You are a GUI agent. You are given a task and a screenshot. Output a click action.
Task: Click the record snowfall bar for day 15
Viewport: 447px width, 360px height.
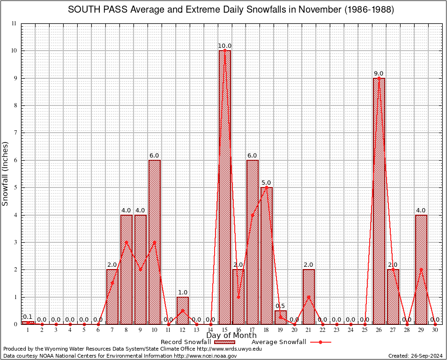[225, 187]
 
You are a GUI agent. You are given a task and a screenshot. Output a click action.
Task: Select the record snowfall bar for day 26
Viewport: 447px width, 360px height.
[379, 202]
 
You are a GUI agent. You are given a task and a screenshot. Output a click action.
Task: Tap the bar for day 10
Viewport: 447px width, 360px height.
[155, 242]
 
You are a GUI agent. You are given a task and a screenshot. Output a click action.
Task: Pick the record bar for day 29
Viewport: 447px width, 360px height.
[421, 270]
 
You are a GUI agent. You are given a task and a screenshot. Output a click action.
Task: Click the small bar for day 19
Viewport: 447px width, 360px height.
[281, 317]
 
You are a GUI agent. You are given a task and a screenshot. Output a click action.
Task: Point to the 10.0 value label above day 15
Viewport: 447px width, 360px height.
[225, 46]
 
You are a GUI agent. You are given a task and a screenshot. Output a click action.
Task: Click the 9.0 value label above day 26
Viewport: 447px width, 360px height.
[379, 74]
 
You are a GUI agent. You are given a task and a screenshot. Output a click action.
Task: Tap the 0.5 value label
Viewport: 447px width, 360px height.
[281, 306]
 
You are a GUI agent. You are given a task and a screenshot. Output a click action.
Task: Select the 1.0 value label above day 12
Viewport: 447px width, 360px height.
[183, 292]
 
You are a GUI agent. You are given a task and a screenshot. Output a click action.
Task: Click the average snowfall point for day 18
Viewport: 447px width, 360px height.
[267, 187]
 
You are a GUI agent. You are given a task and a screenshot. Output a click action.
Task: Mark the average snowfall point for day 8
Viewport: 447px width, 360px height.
[127, 242]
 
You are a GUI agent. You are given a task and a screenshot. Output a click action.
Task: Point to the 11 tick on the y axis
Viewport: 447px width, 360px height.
[15, 23]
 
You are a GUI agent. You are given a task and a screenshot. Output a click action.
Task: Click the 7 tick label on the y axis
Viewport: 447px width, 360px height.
[15, 133]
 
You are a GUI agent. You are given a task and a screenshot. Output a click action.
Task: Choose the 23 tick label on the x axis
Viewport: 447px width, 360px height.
[336, 330]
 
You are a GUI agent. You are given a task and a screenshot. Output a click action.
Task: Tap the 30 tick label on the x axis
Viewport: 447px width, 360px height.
[435, 330]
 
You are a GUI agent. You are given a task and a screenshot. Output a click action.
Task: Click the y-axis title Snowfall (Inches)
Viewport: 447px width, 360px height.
[6, 174]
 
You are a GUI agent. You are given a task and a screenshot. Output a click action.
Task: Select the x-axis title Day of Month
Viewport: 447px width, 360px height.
[231, 336]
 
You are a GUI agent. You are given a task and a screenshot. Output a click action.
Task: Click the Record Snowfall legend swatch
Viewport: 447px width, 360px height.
[224, 342]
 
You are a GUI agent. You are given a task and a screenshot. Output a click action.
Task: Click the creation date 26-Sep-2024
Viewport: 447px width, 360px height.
[425, 356]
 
